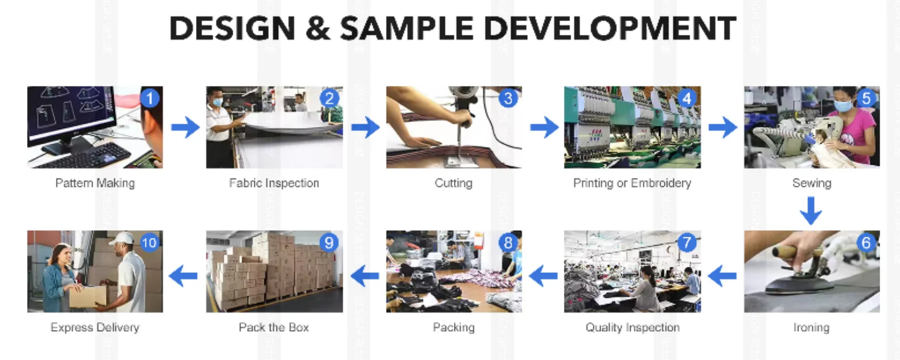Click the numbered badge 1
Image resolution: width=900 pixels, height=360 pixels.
150,98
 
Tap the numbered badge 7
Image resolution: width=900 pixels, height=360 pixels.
687,243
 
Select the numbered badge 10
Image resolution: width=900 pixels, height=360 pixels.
149,243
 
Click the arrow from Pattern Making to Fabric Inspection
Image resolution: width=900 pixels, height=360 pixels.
185,127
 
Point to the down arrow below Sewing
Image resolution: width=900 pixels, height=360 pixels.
811,210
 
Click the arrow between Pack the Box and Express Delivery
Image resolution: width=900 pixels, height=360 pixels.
184,276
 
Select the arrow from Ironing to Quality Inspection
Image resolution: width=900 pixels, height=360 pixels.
722,276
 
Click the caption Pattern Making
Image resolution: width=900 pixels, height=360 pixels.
95,183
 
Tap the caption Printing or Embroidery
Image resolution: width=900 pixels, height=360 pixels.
632,183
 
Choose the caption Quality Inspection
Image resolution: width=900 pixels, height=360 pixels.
632,328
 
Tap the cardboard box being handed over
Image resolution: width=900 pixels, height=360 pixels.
88,296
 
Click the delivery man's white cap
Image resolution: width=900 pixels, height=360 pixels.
121,237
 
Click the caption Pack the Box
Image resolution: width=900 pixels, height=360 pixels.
274,328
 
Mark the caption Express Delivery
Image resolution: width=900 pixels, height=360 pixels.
95,328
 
